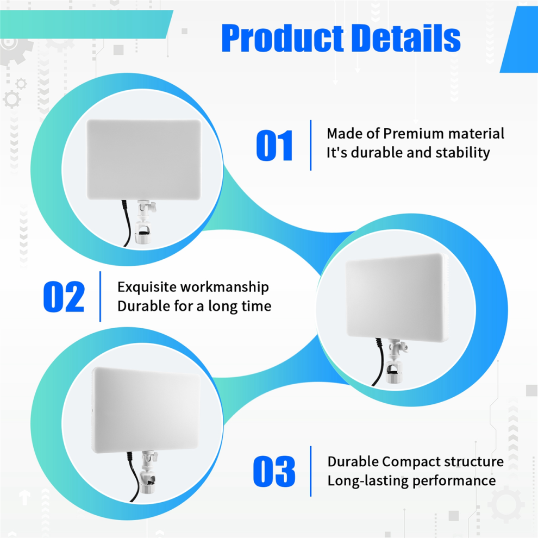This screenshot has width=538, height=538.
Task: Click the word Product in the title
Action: point(283,38)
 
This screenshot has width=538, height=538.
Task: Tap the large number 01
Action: point(274,146)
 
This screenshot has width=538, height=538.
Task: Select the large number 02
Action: point(64,297)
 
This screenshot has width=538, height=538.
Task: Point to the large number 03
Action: point(274,472)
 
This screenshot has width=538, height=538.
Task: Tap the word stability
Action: point(462,153)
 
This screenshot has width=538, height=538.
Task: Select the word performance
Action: point(454,481)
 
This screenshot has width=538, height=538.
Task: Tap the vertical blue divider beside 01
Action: point(310,145)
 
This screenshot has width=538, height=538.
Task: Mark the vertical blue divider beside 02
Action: point(100,297)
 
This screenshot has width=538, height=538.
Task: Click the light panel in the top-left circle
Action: point(144,160)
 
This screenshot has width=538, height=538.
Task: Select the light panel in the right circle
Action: point(397,297)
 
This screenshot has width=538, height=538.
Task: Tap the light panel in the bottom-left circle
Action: point(146,410)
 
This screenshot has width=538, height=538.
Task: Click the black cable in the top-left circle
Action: point(126,223)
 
